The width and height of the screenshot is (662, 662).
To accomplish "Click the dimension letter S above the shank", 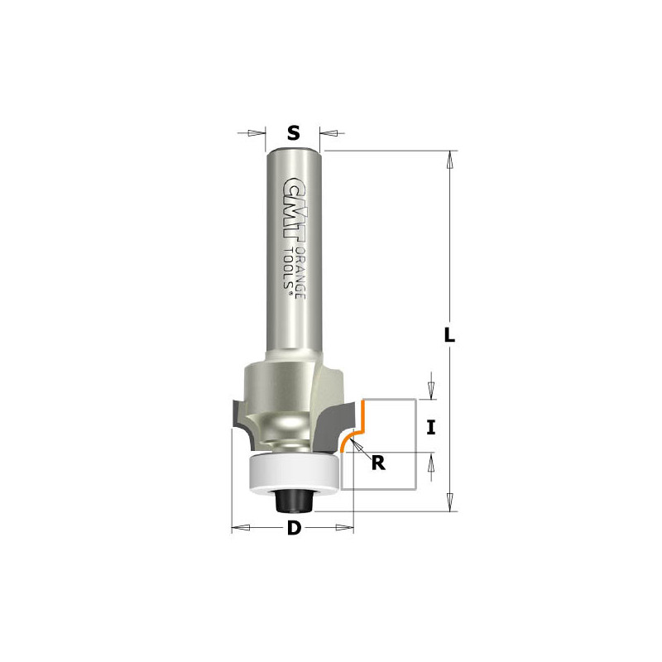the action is point(294,133).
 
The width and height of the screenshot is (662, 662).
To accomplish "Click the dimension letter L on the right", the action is point(449,335).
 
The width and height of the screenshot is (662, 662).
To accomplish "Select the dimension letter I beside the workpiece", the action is point(430,428).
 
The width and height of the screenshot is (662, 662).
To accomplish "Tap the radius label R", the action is point(378,463).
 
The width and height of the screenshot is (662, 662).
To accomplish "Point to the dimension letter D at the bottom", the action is point(295,528).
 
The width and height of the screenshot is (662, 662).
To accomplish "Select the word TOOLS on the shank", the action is point(288,271).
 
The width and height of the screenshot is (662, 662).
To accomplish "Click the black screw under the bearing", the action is point(294,501).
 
